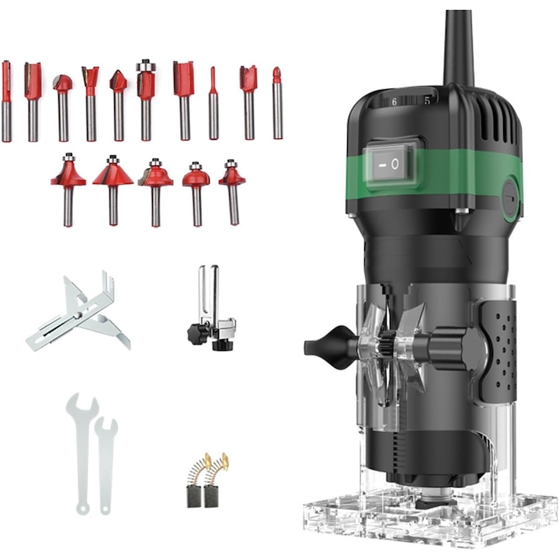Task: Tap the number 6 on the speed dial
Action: (394, 102)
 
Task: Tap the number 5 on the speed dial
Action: (427, 101)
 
